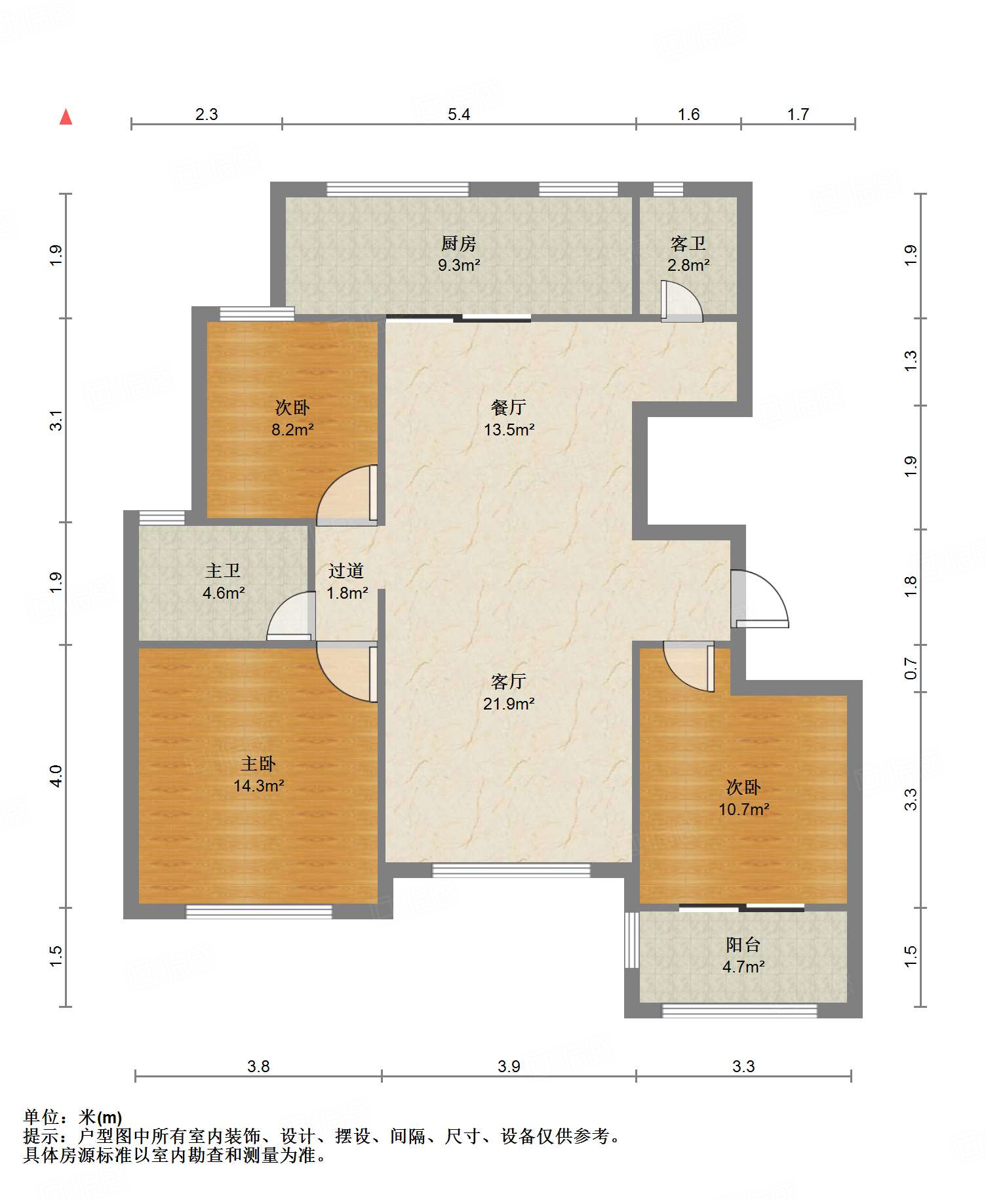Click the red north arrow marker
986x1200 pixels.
(66, 117)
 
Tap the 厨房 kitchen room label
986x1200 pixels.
(458, 244)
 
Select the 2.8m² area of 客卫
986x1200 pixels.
(688, 265)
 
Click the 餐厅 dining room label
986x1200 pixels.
(509, 407)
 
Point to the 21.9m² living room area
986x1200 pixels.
(509, 704)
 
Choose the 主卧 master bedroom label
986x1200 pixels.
(258, 764)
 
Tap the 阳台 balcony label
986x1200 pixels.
(743, 945)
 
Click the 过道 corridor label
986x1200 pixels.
(346, 570)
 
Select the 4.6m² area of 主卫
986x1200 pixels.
(224, 593)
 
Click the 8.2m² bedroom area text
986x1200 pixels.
(292, 430)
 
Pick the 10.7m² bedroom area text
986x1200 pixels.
(743, 809)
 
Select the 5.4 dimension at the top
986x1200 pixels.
(459, 114)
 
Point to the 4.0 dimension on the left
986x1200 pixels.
(56, 776)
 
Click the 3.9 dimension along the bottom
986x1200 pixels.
(509, 1066)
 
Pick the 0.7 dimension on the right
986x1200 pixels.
(911, 668)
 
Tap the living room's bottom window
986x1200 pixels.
(511, 870)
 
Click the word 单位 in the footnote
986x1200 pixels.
(41, 1117)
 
